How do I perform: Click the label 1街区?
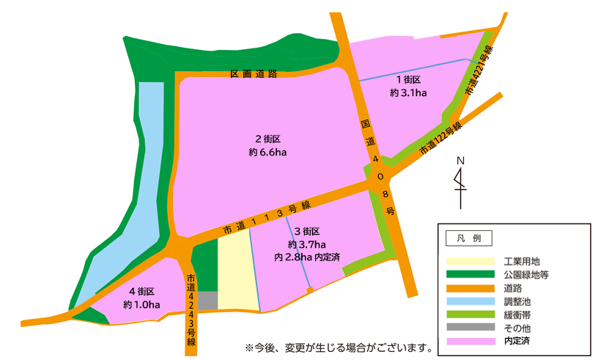click(409, 80)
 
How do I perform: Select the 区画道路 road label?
click(254, 74)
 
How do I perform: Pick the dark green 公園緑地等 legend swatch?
click(470, 274)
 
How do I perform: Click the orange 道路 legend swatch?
click(470, 287)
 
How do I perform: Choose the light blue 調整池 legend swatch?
click(470, 301)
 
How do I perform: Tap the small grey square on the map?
click(208, 301)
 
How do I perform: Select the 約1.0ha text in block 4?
click(141, 305)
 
